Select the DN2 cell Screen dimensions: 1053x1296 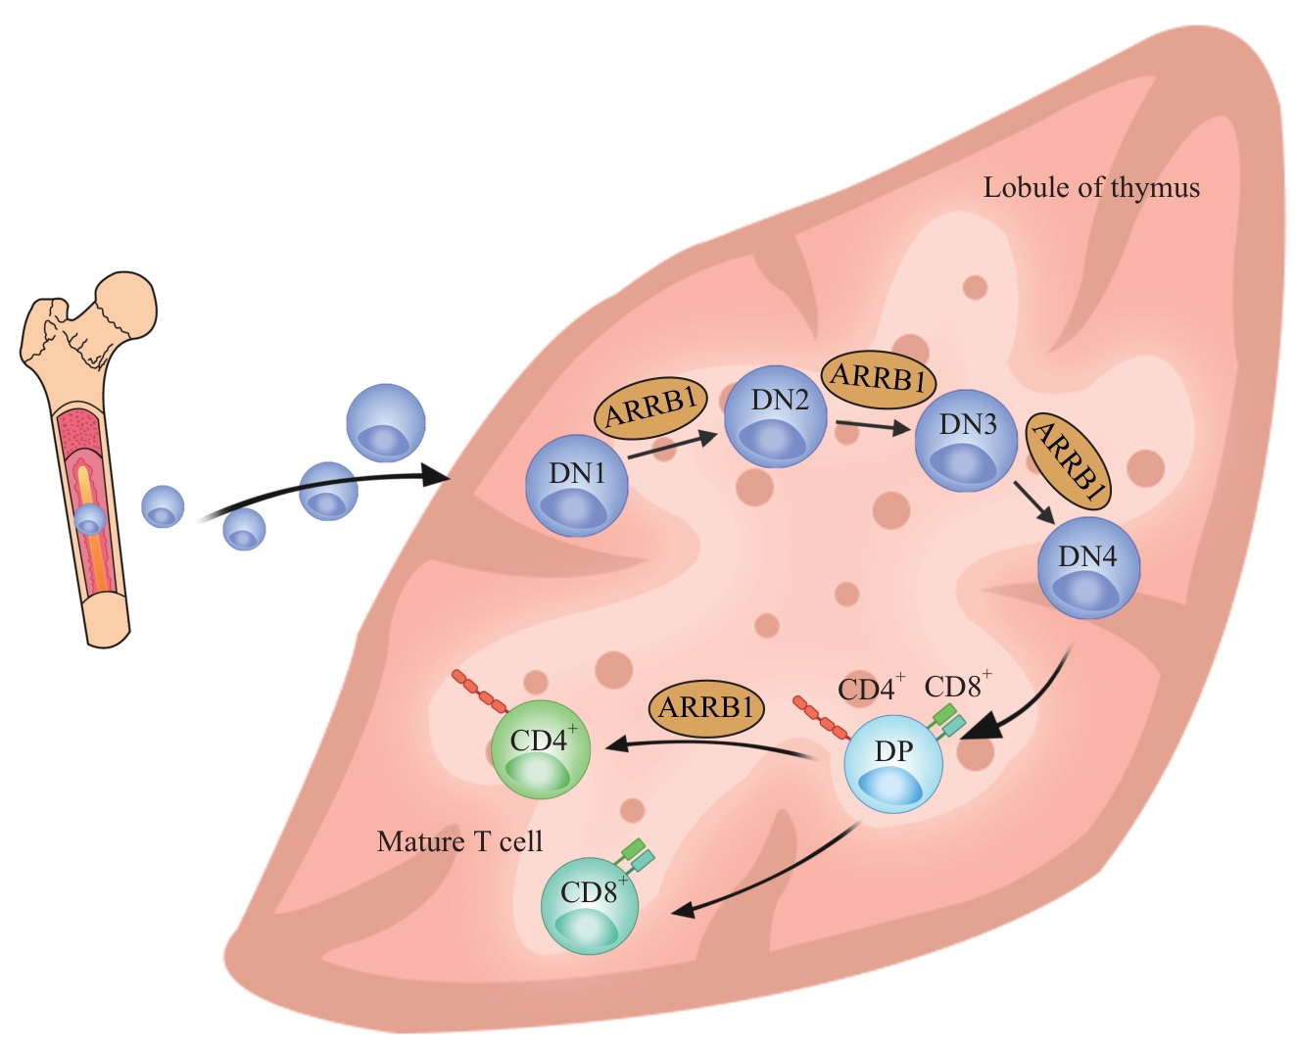[775, 417]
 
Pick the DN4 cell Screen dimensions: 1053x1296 [1088, 568]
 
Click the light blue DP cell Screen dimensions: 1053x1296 [892, 764]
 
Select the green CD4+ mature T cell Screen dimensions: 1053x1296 [540, 749]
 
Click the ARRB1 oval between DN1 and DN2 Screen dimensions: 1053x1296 [650, 407]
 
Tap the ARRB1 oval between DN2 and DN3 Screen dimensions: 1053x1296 [878, 378]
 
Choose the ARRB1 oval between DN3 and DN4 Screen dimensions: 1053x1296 [1069, 459]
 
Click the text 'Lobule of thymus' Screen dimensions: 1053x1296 [1091, 188]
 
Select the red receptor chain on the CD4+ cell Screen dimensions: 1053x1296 [479, 692]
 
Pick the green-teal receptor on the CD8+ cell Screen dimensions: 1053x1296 [635, 854]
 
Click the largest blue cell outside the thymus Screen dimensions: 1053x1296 [386, 422]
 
